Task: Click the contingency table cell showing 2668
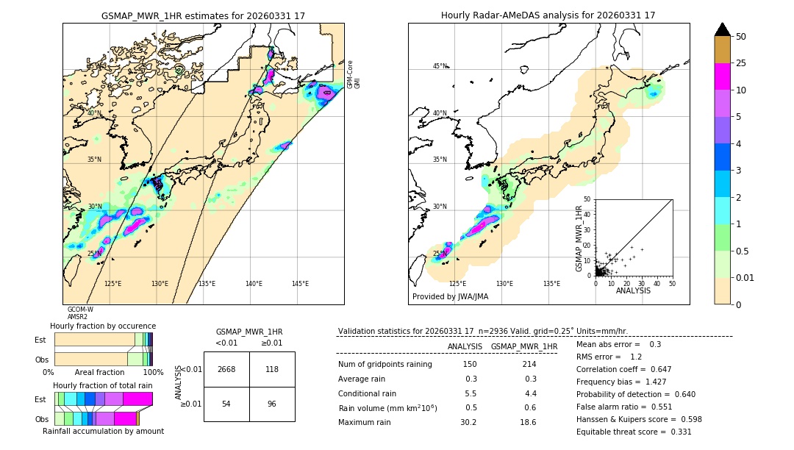tap(226, 369)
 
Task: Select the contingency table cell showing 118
tap(272, 369)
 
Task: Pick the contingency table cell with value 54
tap(226, 404)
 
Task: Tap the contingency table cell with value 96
tap(272, 404)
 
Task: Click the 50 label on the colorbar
tap(741, 36)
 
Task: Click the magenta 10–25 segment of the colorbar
tap(723, 77)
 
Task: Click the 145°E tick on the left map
tap(300, 284)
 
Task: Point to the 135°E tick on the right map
tap(551, 284)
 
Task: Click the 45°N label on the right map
tap(440, 66)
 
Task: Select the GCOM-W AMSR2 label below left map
tap(80, 313)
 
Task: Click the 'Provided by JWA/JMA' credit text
tap(450, 296)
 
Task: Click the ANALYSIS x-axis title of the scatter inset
tap(633, 290)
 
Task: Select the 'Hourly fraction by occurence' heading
tap(102, 326)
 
